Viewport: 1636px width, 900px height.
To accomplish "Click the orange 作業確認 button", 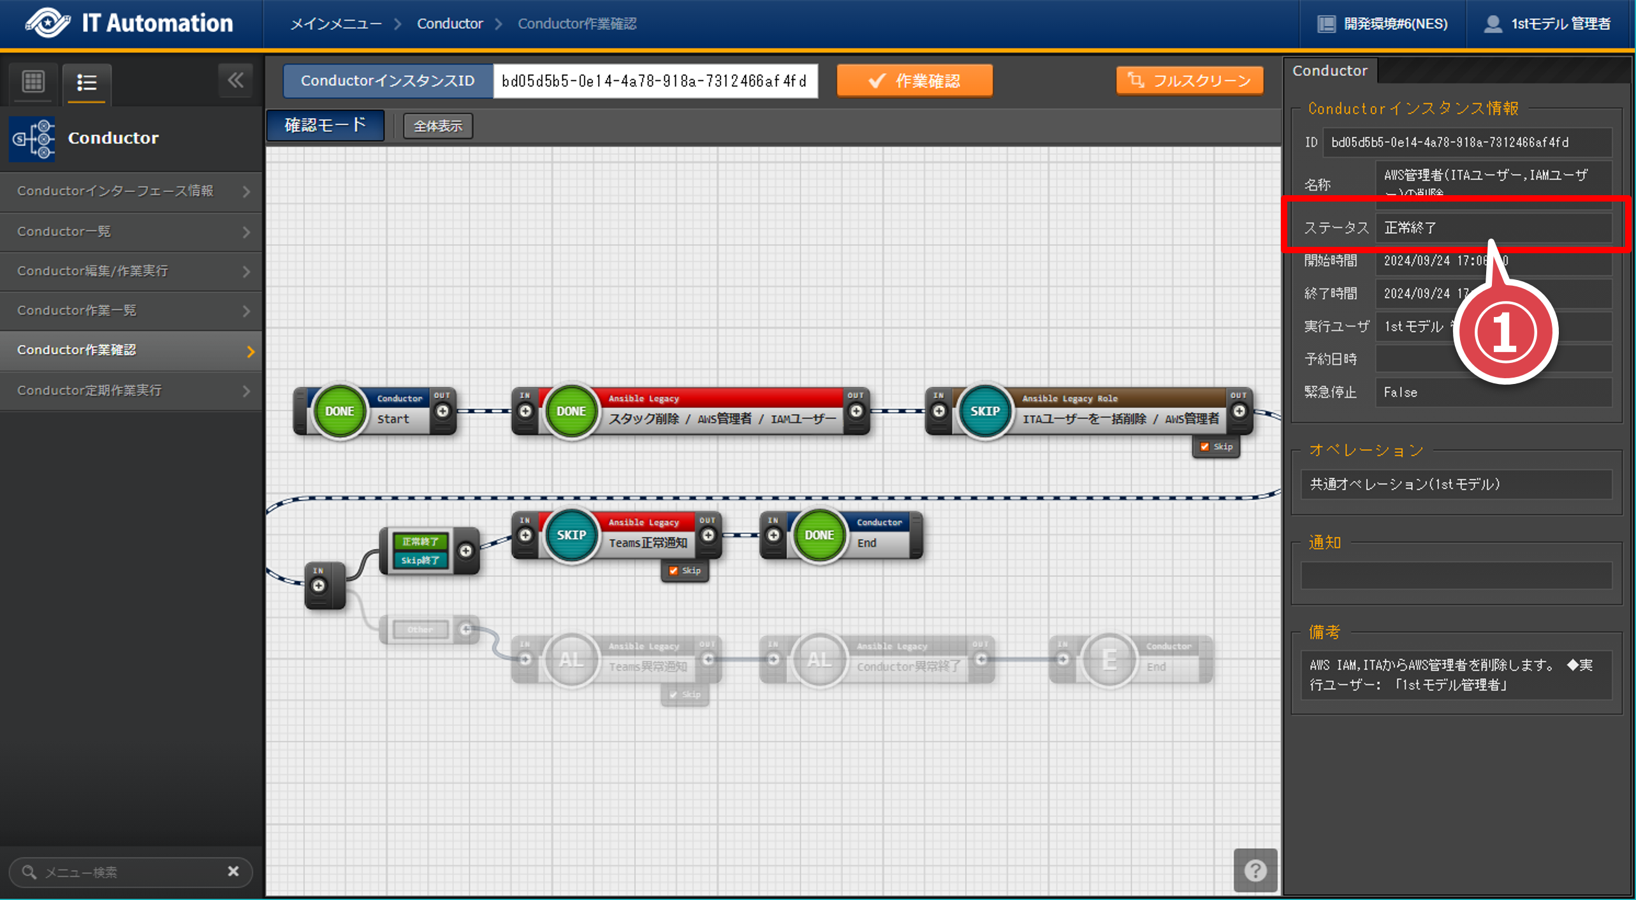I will click(x=914, y=81).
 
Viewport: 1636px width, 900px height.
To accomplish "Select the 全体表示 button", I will click(x=438, y=126).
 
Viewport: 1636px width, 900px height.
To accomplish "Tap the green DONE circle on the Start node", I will click(x=340, y=411).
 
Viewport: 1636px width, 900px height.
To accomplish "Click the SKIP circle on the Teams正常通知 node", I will click(x=571, y=535).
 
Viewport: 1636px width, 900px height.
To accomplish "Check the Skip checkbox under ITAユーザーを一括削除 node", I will click(x=1204, y=446).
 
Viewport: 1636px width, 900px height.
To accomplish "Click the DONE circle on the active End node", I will click(x=819, y=535).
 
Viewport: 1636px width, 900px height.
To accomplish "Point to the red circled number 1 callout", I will click(x=1505, y=332).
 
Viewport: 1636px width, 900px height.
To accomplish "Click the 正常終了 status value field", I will click(x=1492, y=228).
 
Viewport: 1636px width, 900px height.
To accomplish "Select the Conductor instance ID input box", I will click(x=655, y=81).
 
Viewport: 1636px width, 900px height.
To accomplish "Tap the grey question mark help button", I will click(x=1255, y=870).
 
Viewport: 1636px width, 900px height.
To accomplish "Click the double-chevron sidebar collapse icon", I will click(x=235, y=80).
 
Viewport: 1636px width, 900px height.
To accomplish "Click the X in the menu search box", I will click(x=233, y=871).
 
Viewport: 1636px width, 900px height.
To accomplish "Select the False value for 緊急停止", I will click(x=1492, y=392).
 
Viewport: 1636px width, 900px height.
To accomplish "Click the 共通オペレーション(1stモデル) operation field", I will click(x=1455, y=484).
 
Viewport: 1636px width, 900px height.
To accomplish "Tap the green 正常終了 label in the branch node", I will click(x=420, y=542).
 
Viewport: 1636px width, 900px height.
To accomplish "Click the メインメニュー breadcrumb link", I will click(x=336, y=24).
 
